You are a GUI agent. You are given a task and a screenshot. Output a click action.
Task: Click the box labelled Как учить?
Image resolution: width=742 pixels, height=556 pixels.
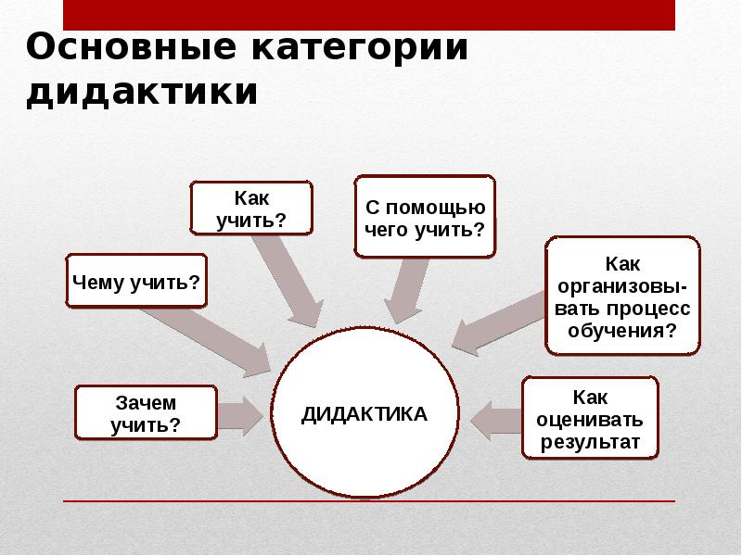tap(250, 208)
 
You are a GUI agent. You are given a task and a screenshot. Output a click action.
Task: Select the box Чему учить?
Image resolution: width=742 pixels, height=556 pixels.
tap(136, 279)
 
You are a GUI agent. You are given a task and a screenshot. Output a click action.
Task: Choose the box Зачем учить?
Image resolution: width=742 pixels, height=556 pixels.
tap(145, 413)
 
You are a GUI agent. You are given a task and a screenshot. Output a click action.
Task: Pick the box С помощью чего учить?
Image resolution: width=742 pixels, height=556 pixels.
tap(424, 215)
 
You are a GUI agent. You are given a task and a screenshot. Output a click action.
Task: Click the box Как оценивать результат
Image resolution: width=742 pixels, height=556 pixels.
tap(591, 419)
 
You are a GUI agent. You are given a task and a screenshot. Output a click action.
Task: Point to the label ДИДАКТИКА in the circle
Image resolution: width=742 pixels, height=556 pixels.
tap(365, 413)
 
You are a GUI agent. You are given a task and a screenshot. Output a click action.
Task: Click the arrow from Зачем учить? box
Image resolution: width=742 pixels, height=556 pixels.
tap(239, 414)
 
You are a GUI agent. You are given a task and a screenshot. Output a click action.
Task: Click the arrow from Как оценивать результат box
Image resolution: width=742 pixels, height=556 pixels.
tap(496, 419)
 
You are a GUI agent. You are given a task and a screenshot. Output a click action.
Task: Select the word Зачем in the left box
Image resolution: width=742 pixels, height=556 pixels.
tap(145, 403)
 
